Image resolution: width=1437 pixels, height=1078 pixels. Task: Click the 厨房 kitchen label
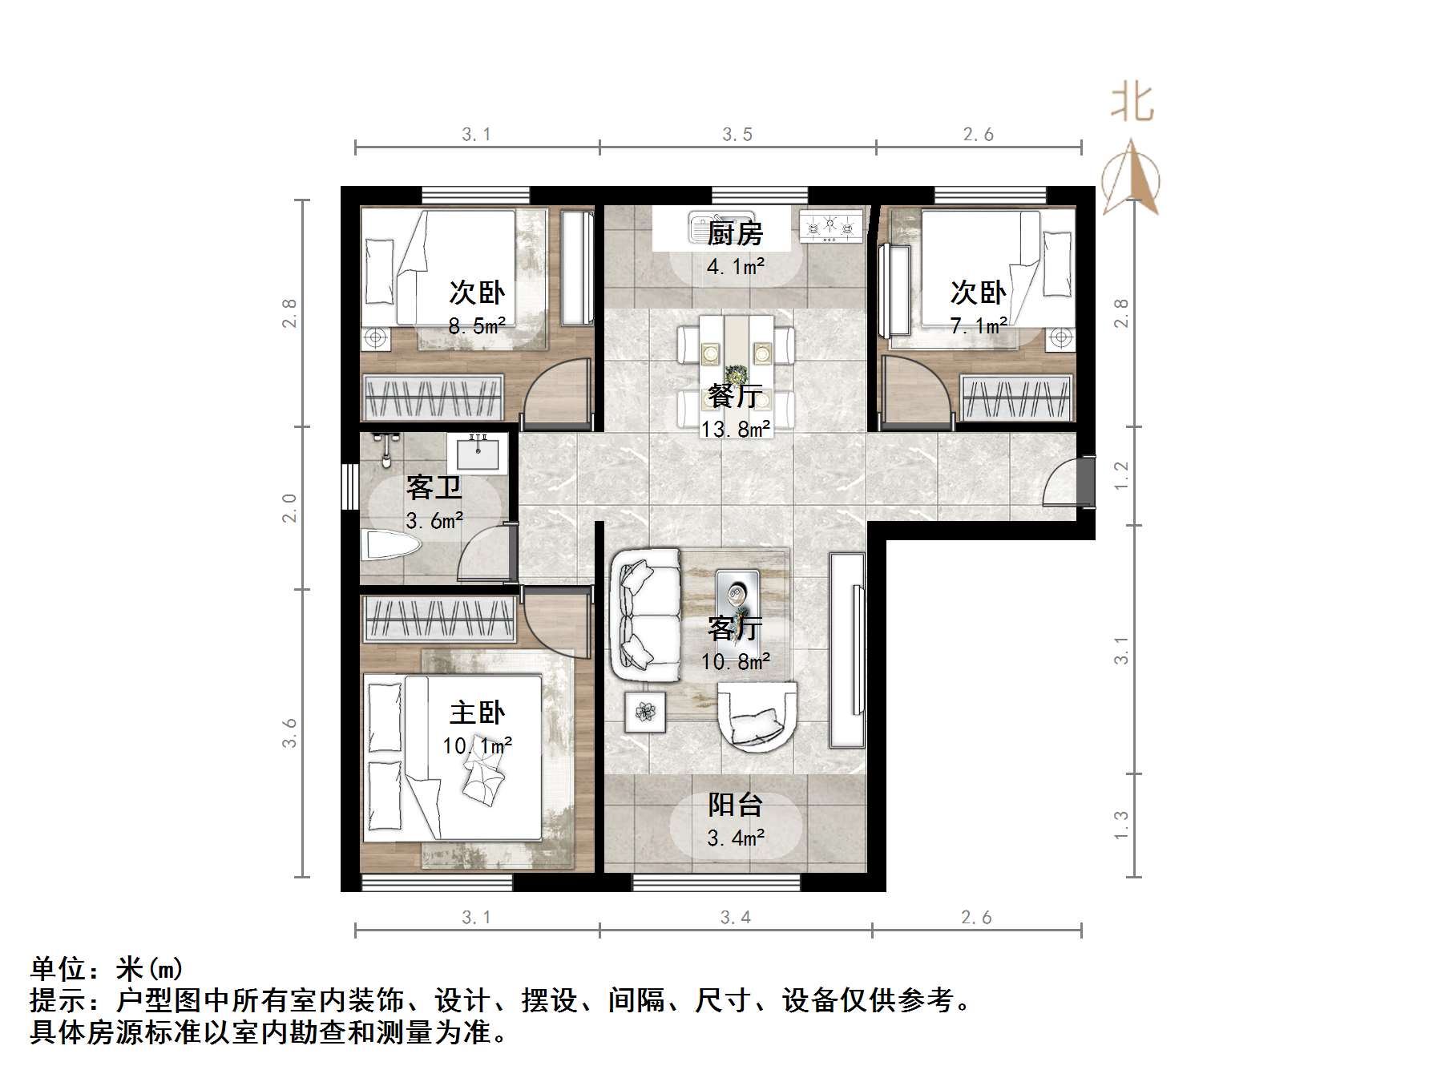click(x=734, y=233)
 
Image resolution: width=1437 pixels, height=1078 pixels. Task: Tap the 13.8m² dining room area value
click(x=736, y=430)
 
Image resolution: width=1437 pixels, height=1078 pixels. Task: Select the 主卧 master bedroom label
click(x=477, y=713)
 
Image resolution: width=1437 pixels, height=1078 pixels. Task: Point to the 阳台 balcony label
click(x=734, y=805)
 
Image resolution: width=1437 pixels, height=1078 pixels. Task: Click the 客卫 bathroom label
click(x=434, y=487)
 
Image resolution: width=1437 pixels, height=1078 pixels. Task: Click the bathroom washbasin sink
click(x=478, y=454)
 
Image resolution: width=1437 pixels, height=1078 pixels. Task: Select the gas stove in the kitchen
click(x=831, y=225)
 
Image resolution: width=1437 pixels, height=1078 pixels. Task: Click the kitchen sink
click(x=719, y=226)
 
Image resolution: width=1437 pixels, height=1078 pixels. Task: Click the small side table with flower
click(x=645, y=710)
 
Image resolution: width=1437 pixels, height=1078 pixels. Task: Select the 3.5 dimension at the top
click(x=737, y=135)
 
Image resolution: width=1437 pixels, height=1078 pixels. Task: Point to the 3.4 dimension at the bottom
click(x=735, y=918)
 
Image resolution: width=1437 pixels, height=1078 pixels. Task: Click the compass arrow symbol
click(x=1131, y=178)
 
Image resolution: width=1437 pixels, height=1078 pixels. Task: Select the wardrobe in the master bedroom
click(x=439, y=618)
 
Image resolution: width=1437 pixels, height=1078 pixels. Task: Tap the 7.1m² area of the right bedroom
click(x=979, y=326)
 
